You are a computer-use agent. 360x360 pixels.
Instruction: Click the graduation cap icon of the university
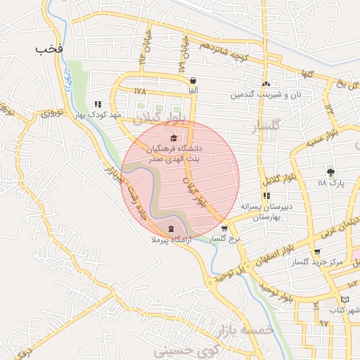click(174, 137)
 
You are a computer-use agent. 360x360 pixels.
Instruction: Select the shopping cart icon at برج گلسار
click(224, 229)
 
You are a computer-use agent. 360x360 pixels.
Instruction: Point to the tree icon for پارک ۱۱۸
click(330, 171)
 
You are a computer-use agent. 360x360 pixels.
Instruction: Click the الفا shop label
click(193, 91)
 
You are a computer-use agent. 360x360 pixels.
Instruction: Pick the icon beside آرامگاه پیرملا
click(172, 229)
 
